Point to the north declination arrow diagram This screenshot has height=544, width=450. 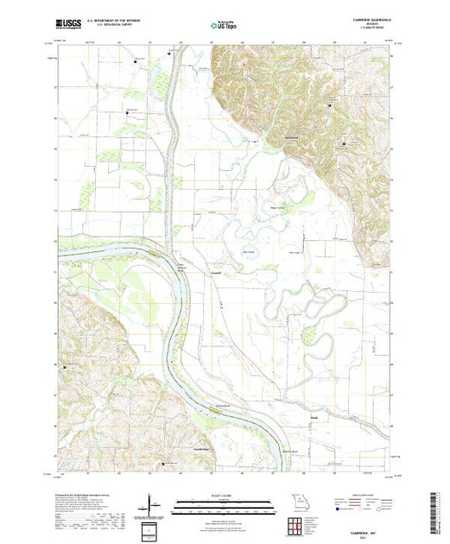(152, 502)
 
